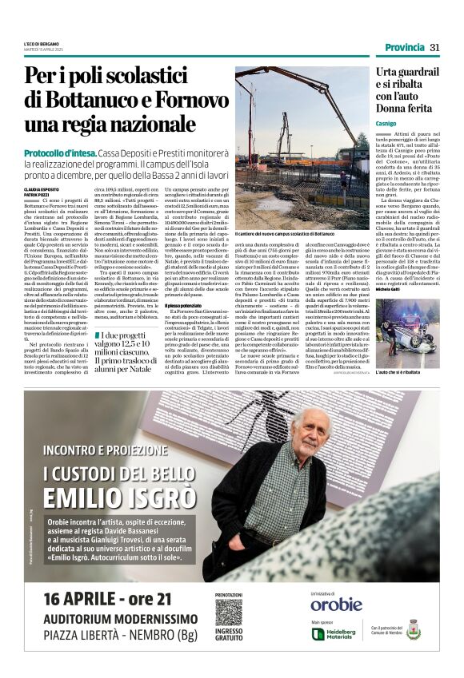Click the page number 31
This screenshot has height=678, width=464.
click(434, 47)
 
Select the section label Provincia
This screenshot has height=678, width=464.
click(404, 47)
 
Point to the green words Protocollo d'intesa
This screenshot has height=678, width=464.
click(59, 151)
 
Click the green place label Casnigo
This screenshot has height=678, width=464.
click(386, 124)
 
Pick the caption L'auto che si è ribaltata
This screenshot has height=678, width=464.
click(397, 371)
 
